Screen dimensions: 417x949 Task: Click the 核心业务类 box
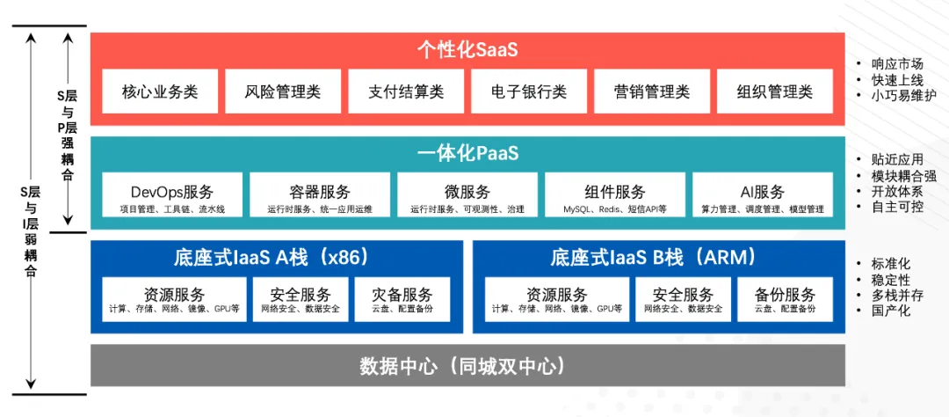160,91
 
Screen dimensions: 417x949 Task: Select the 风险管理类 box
283,91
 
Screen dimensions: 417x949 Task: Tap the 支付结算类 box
406,91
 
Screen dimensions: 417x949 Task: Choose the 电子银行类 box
529,91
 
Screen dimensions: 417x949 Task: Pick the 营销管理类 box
652,91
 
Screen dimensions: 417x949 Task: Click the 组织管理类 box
775,91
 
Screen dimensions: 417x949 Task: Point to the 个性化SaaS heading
467,49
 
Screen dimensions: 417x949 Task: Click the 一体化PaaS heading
467,154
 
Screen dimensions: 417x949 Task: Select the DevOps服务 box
172,197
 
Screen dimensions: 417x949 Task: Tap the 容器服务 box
320,197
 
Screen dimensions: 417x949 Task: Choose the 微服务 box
467,197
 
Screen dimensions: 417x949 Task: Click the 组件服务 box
615,197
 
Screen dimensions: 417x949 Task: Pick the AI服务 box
763,197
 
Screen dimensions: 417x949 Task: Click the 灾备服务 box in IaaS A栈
402,300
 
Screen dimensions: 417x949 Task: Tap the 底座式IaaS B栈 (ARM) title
653,258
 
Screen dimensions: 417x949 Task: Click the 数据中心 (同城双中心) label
467,366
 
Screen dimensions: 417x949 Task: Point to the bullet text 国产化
891,311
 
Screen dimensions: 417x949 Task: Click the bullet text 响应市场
897,63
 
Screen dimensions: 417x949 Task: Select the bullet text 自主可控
897,207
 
